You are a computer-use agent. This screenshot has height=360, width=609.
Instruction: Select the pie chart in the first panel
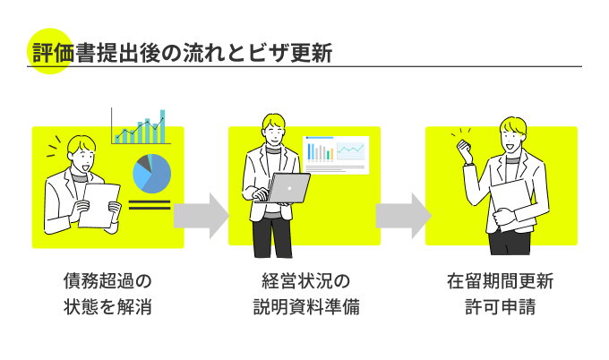point(150,174)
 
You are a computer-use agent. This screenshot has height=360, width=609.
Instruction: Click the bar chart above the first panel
point(141,127)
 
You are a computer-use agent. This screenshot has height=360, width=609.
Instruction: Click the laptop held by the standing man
point(289,188)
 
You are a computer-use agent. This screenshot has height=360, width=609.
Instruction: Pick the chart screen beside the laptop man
point(336,155)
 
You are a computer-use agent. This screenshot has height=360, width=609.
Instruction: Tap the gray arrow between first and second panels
point(201,215)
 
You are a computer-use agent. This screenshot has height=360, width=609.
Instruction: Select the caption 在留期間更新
point(501,281)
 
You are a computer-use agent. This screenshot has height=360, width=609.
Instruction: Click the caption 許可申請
point(501,308)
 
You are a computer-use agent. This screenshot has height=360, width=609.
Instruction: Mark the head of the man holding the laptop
point(274,129)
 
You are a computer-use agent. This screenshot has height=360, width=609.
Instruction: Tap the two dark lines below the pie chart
point(150,204)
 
